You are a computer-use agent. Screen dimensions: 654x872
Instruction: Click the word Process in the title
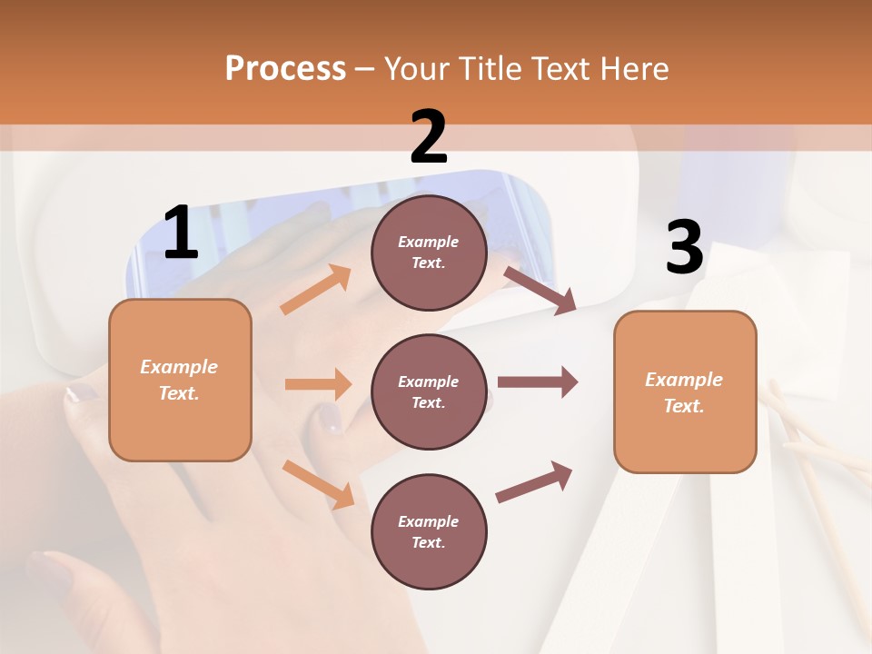[x=285, y=69]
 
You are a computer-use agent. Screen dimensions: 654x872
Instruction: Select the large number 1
[x=181, y=233]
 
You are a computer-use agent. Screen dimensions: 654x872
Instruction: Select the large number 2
[x=429, y=137]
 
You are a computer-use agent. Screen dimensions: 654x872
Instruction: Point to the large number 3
[x=684, y=248]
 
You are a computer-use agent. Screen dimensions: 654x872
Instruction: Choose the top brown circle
[x=429, y=253]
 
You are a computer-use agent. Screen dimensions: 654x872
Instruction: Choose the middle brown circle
[x=429, y=391]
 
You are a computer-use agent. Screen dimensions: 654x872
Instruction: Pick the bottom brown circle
[x=429, y=531]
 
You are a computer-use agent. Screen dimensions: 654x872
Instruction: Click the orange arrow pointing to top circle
[x=316, y=290]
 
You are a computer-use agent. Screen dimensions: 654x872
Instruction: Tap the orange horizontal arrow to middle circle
[x=318, y=384]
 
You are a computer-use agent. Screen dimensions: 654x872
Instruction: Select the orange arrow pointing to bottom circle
[x=318, y=483]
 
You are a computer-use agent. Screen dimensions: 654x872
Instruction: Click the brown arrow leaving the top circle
[x=540, y=290]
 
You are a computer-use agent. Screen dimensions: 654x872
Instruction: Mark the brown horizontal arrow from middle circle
[x=538, y=382]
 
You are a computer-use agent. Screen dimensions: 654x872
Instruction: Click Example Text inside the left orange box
[x=179, y=380]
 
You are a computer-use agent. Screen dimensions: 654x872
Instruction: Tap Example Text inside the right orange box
[x=684, y=392]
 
